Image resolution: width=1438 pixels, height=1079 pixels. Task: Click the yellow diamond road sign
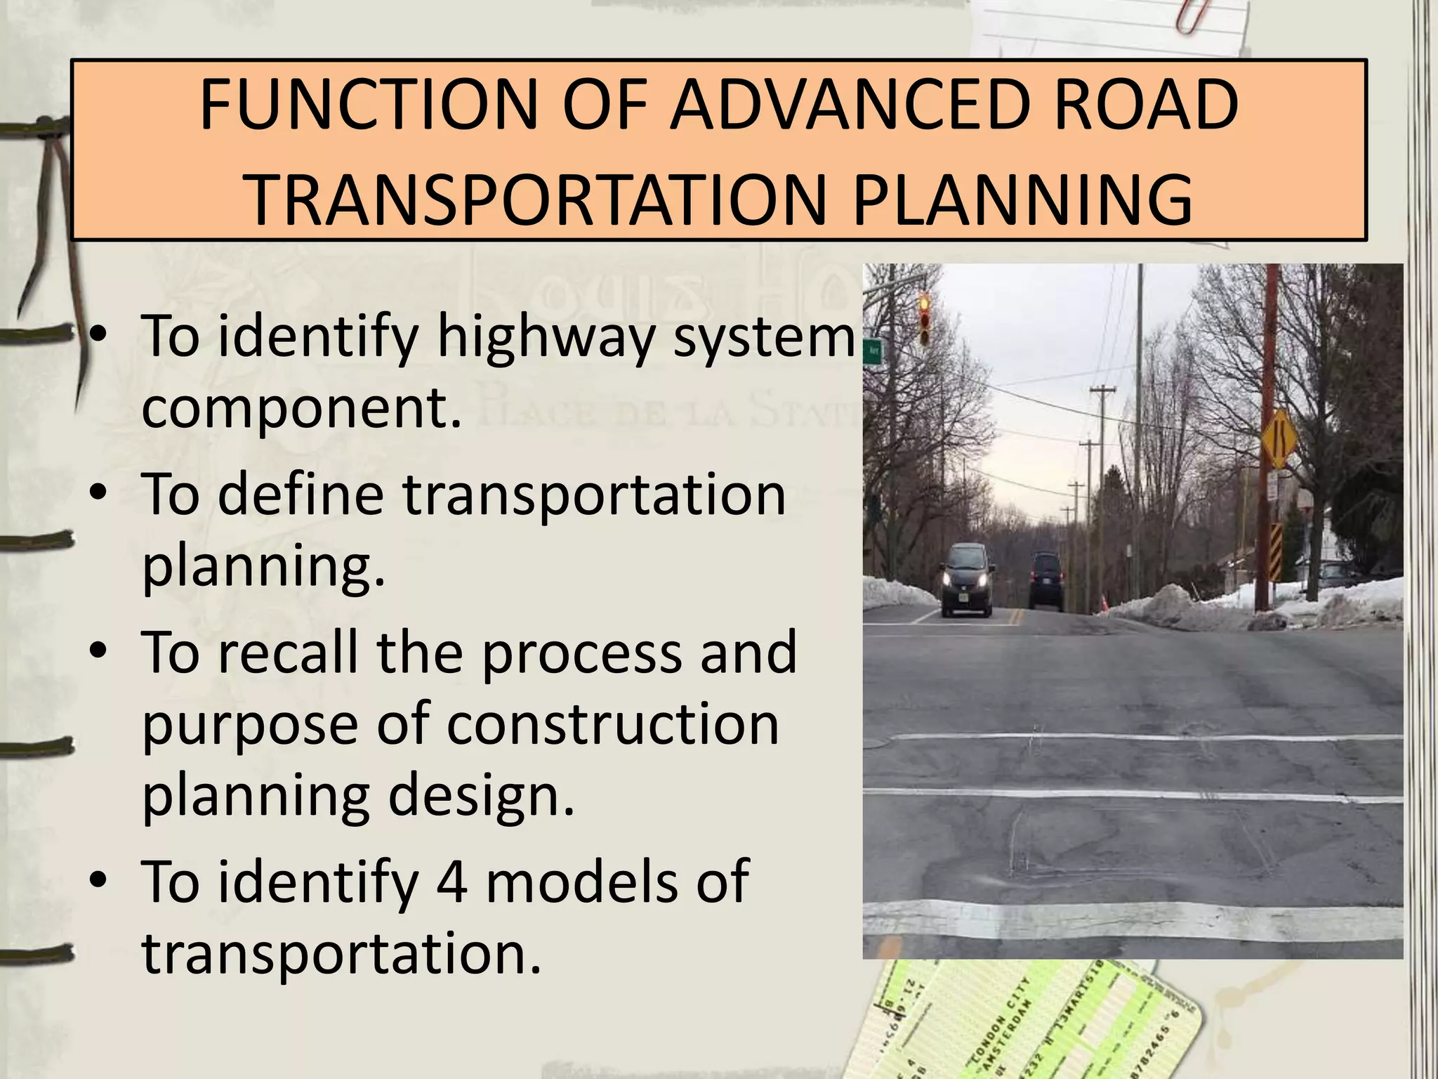click(1279, 439)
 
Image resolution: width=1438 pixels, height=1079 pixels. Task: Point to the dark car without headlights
click(1045, 580)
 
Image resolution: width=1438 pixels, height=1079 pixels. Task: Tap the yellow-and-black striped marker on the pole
click(1275, 551)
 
